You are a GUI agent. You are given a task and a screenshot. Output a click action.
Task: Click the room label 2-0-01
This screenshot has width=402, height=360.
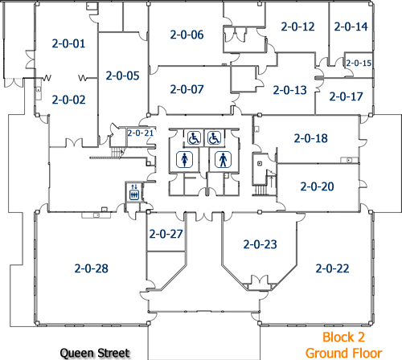68,43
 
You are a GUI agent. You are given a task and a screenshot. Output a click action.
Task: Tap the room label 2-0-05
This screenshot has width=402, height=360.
122,76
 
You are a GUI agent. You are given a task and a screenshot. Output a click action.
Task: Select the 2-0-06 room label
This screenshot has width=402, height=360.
187,35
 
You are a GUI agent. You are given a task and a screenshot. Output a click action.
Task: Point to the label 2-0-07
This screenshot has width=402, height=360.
187,89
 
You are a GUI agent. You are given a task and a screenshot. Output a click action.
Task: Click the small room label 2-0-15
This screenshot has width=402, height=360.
359,63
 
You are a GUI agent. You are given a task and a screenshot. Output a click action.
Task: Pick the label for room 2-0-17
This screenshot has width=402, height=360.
346,96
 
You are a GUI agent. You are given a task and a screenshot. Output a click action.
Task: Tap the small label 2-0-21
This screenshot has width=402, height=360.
140,133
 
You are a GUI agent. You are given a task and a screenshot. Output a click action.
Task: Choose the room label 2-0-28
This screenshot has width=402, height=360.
92,268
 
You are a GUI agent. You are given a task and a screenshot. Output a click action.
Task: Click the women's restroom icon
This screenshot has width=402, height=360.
184,159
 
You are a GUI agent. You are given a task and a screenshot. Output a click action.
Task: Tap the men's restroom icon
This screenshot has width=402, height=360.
223,159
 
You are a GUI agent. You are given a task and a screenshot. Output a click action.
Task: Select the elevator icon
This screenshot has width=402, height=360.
134,192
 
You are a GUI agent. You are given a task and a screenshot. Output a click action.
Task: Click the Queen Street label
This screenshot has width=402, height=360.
95,353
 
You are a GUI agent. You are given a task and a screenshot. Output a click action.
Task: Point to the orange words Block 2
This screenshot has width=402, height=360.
343,337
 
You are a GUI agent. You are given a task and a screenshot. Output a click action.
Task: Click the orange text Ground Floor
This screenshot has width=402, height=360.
343,353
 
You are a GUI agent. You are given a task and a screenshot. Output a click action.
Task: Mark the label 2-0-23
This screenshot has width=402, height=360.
260,244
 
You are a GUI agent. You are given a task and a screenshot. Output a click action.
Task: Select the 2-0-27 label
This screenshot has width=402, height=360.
166,234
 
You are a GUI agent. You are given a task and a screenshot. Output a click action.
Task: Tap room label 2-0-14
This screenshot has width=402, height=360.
351,27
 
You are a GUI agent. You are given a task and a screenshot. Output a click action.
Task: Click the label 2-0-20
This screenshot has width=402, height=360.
317,186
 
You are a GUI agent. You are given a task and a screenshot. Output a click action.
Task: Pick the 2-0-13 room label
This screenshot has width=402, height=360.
289,90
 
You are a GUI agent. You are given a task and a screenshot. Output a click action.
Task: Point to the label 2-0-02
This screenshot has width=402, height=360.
68,100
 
